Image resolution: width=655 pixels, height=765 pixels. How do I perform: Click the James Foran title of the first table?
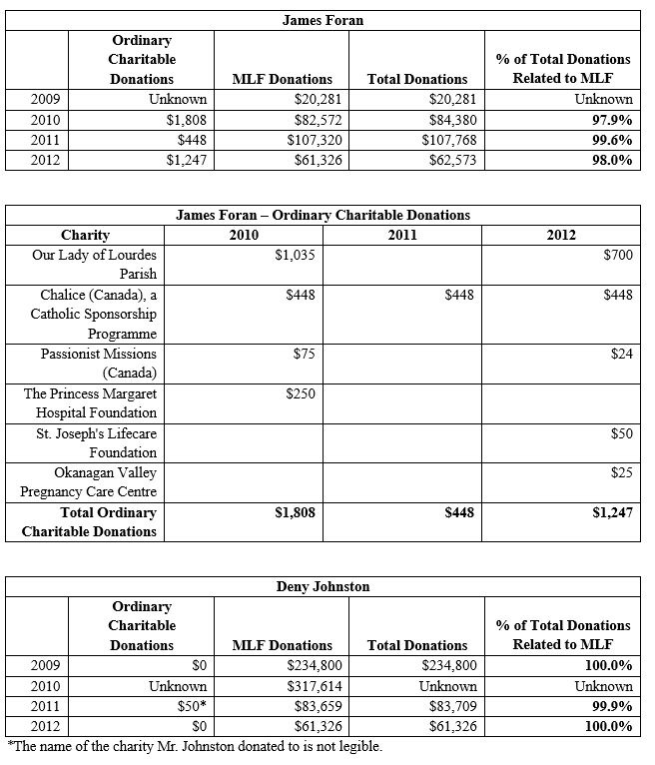[x=323, y=20]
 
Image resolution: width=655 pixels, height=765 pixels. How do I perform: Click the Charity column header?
[x=85, y=236]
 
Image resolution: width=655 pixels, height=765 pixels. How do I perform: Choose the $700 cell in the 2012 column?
[x=618, y=256]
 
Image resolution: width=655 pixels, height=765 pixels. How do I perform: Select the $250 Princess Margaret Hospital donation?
[x=300, y=393]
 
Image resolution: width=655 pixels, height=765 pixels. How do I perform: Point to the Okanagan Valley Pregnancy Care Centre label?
[x=89, y=481]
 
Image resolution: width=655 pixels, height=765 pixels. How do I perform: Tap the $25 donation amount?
[x=621, y=472]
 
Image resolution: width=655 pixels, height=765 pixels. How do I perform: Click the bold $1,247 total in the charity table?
[x=612, y=512]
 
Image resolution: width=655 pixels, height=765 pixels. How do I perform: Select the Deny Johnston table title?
[x=323, y=586]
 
